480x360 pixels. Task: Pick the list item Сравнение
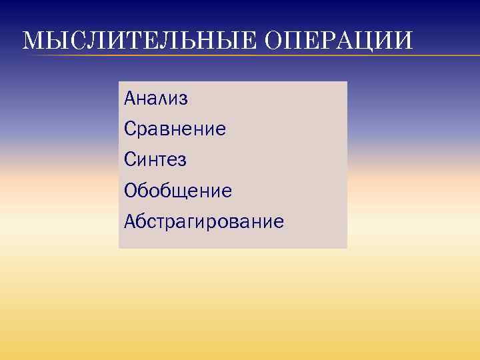pyautogui.click(x=175, y=129)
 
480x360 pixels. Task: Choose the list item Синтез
pyautogui.click(x=155, y=160)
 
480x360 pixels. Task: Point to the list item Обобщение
pyautogui.click(x=178, y=191)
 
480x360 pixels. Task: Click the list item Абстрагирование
pyautogui.click(x=204, y=221)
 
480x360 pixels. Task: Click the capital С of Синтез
pyautogui.click(x=130, y=160)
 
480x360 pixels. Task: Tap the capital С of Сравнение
pyautogui.click(x=130, y=129)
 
